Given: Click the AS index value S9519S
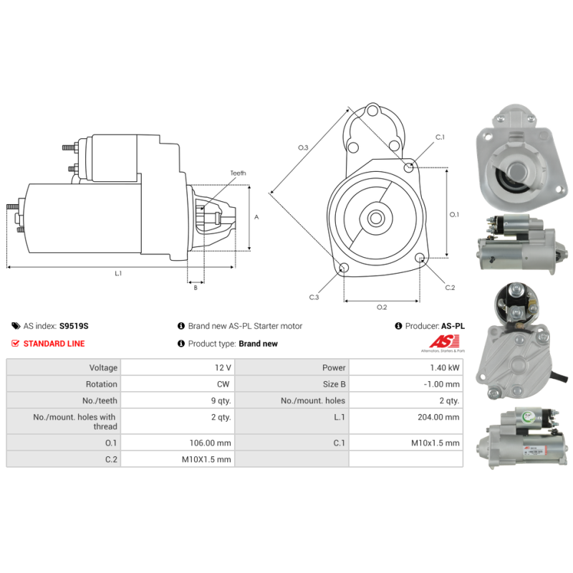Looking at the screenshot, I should (x=74, y=326).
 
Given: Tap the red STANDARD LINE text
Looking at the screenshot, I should (x=54, y=344).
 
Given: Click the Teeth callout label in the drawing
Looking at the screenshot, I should (x=238, y=173).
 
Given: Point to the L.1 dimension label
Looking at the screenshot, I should (x=118, y=273).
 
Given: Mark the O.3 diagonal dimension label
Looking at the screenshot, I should (x=303, y=148).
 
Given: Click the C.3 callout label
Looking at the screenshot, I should (x=314, y=297).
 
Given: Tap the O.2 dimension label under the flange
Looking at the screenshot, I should (x=382, y=307).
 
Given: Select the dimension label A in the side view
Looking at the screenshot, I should (x=256, y=216).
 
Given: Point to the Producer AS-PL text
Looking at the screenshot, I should (x=434, y=326).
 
